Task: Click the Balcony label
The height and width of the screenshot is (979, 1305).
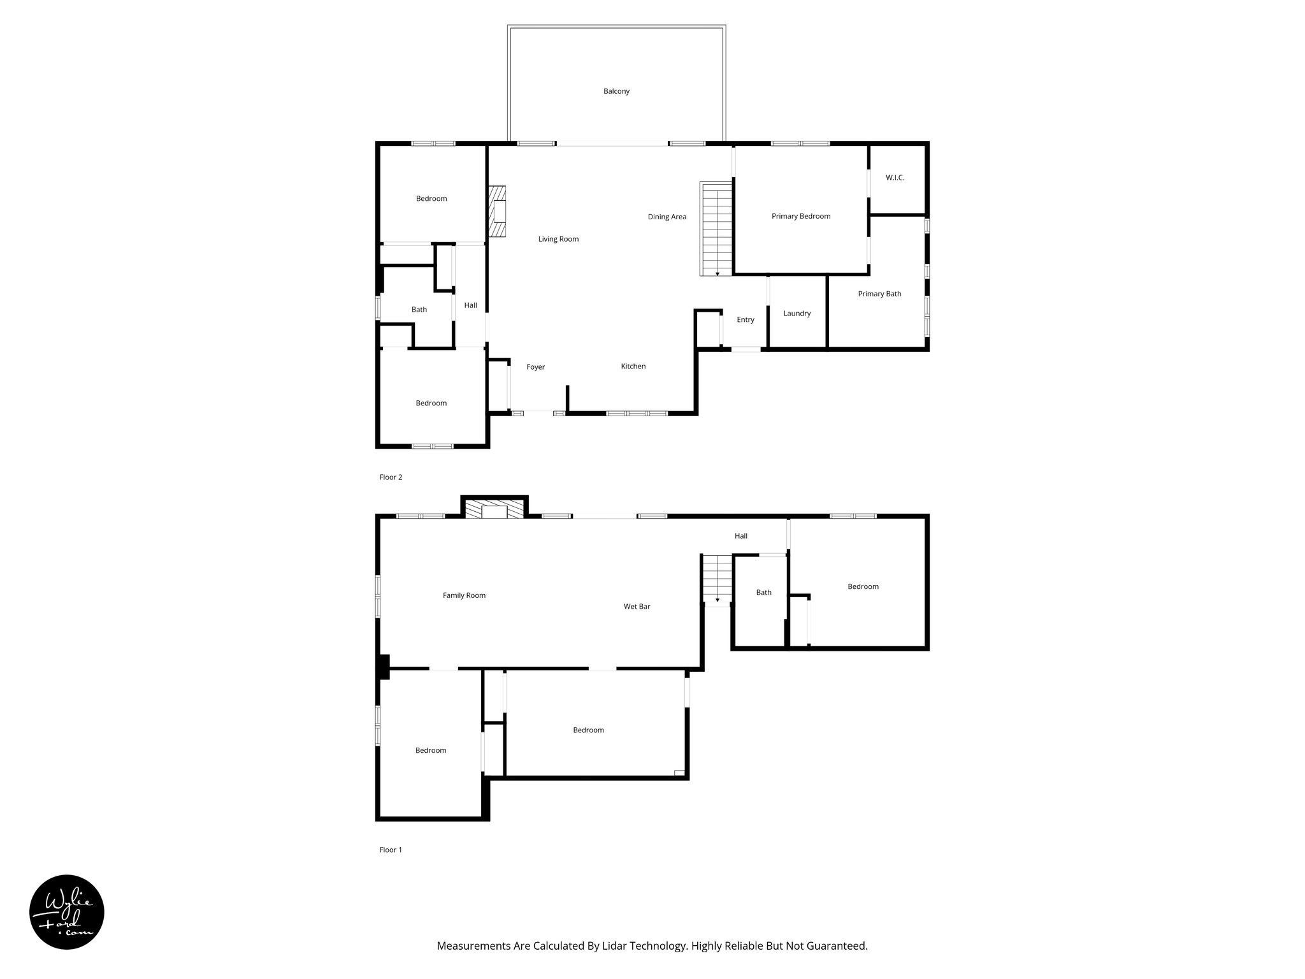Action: [x=616, y=91]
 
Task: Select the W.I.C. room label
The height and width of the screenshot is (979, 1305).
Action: [x=895, y=178]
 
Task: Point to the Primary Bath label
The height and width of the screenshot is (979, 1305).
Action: [x=879, y=294]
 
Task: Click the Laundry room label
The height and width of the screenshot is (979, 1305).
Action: [x=797, y=314]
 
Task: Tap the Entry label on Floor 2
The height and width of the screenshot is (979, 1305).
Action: [x=746, y=320]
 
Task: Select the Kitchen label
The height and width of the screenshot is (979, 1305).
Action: [x=633, y=366]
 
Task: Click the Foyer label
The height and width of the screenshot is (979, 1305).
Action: [x=535, y=367]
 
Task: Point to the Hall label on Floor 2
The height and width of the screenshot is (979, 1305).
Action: [x=470, y=305]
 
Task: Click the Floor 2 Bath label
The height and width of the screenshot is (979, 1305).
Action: [x=419, y=310]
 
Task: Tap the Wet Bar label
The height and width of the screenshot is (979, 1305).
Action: [x=637, y=607]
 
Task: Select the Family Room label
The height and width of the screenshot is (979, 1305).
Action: [x=464, y=595]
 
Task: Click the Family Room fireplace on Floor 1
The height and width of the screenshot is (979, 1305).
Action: [x=494, y=509]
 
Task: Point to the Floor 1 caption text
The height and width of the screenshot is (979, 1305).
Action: [x=391, y=850]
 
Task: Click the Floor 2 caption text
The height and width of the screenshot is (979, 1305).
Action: [x=391, y=477]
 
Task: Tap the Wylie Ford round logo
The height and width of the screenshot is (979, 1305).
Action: [x=67, y=912]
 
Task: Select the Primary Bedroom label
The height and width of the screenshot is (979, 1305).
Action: [x=800, y=216]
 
